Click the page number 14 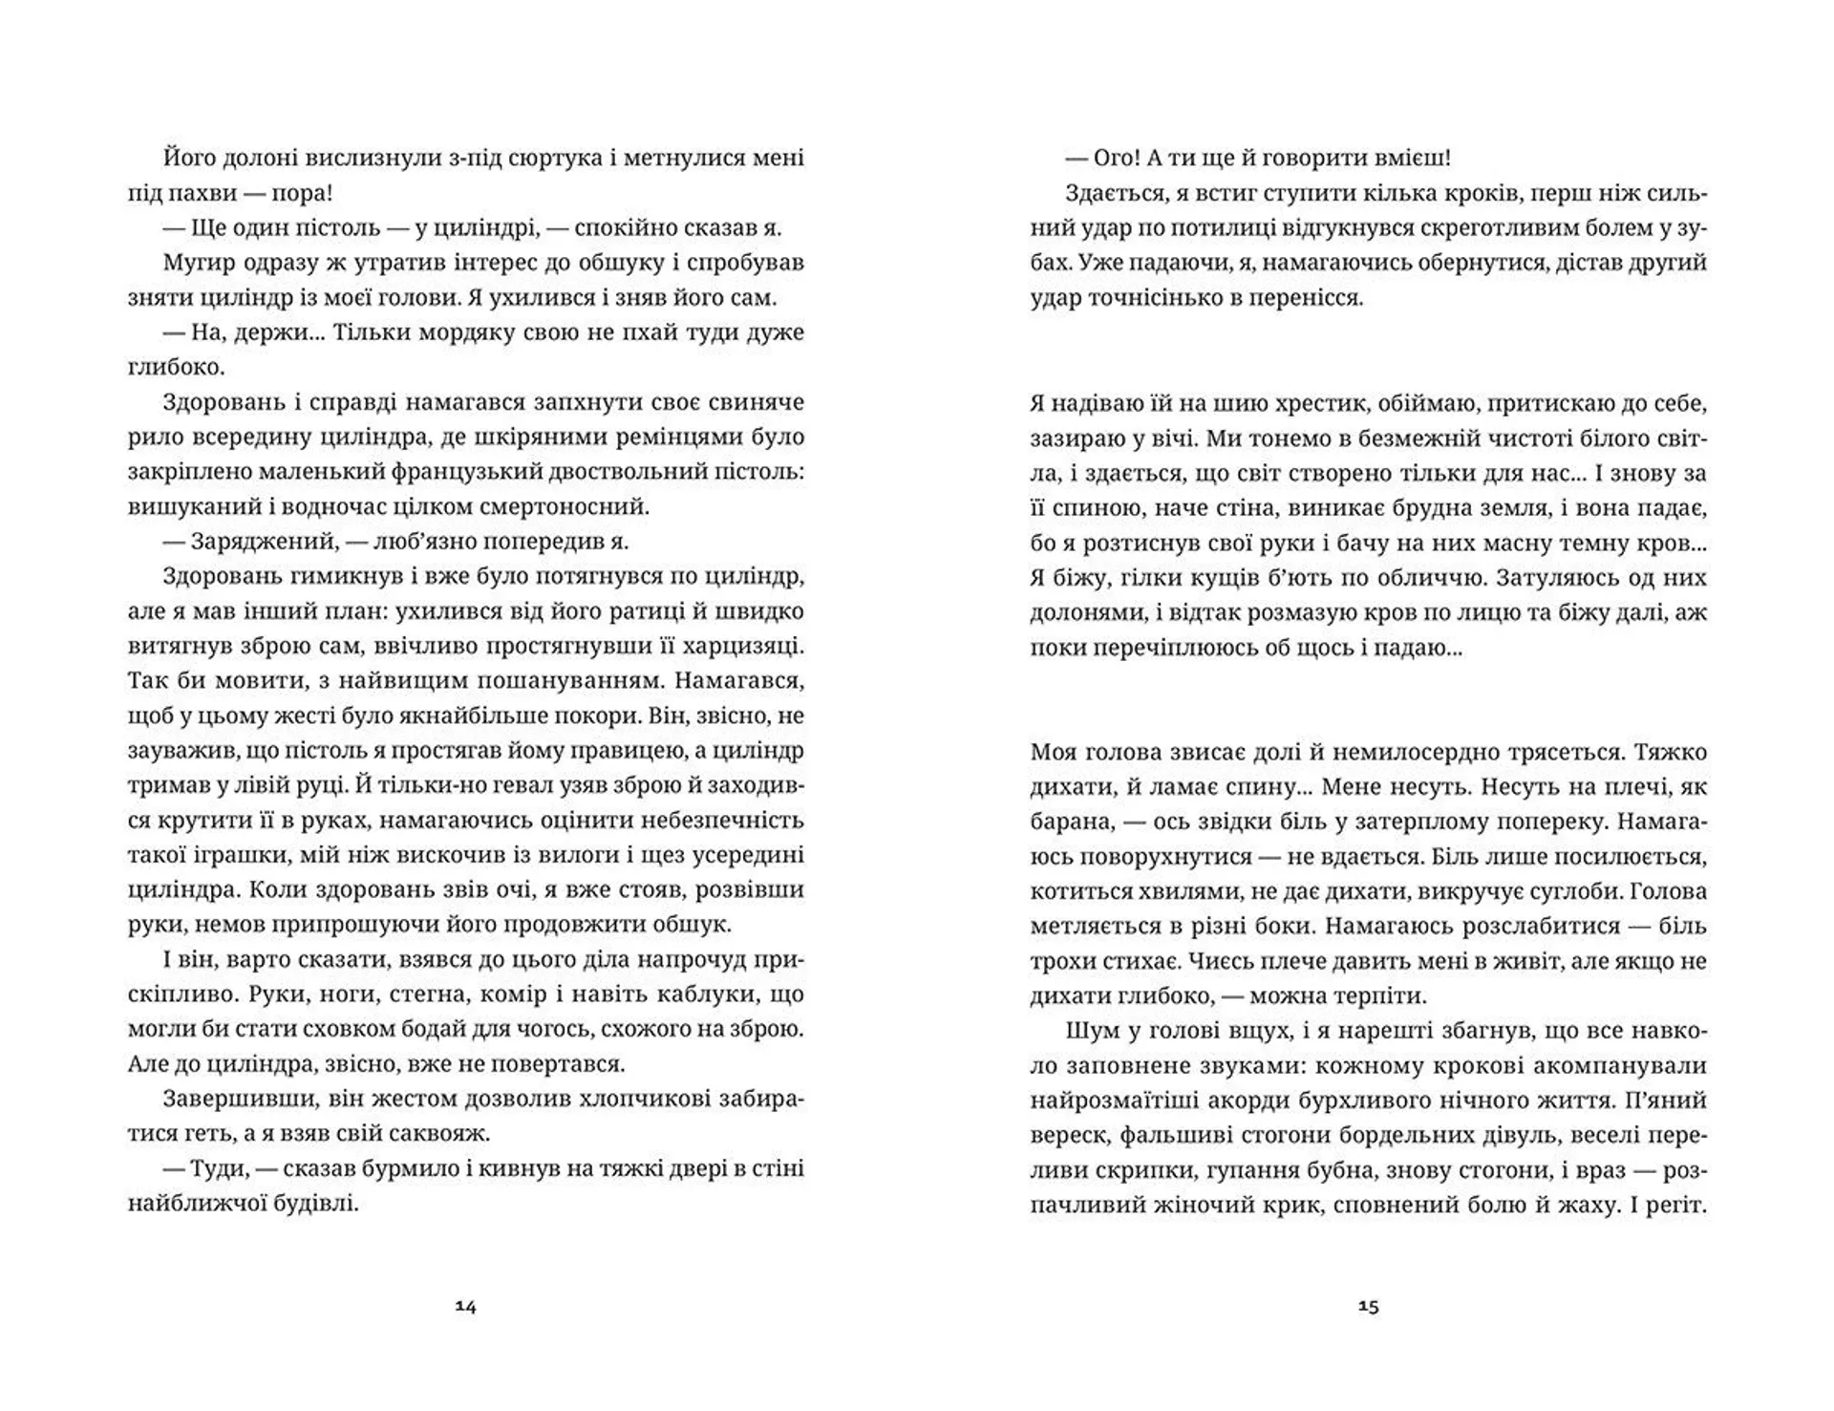pos(465,1307)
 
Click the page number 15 pos(1368,1307)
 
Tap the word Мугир pos(195,263)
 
